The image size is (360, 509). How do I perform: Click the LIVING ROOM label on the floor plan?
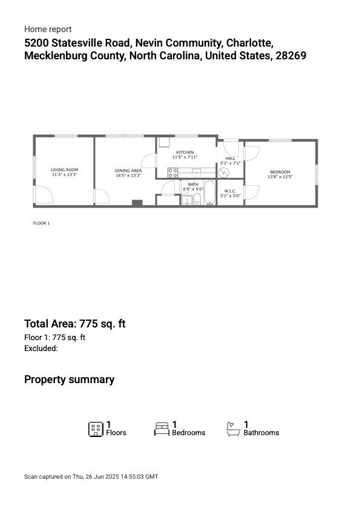64,169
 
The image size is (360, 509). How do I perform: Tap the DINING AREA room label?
128,171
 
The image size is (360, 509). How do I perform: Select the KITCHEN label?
185,152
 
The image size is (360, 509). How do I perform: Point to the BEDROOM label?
280,172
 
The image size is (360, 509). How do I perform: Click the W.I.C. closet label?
230,191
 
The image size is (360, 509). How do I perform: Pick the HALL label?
230,158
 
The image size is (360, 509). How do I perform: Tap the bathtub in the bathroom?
209,194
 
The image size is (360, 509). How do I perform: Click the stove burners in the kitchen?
172,172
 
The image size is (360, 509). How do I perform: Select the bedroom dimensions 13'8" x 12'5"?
281,177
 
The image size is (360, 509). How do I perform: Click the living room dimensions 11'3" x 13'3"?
64,174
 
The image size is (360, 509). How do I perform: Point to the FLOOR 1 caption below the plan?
41,223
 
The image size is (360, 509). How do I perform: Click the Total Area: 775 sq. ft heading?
74,324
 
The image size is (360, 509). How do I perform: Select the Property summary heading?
69,379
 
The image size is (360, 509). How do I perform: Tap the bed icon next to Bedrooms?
162,430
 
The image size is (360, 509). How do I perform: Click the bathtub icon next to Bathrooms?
234,430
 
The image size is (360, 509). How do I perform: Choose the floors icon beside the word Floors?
96,430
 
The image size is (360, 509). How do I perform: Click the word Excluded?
41,349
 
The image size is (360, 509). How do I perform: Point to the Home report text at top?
48,29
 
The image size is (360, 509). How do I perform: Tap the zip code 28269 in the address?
292,56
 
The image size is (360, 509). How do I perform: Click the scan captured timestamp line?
91,477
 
